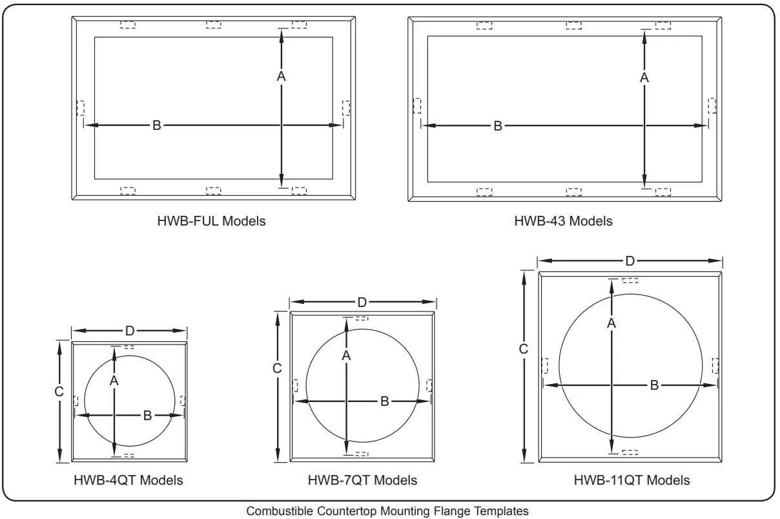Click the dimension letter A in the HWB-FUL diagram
click(281, 76)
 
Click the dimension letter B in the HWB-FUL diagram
click(157, 125)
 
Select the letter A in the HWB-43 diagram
click(644, 78)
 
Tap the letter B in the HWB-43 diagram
click(498, 126)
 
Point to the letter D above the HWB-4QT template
click(130, 331)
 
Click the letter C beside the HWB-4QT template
click(59, 392)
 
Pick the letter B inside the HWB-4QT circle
click(147, 415)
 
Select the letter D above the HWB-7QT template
click(362, 302)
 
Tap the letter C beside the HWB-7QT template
click(277, 368)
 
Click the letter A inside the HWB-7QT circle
click(346, 355)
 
